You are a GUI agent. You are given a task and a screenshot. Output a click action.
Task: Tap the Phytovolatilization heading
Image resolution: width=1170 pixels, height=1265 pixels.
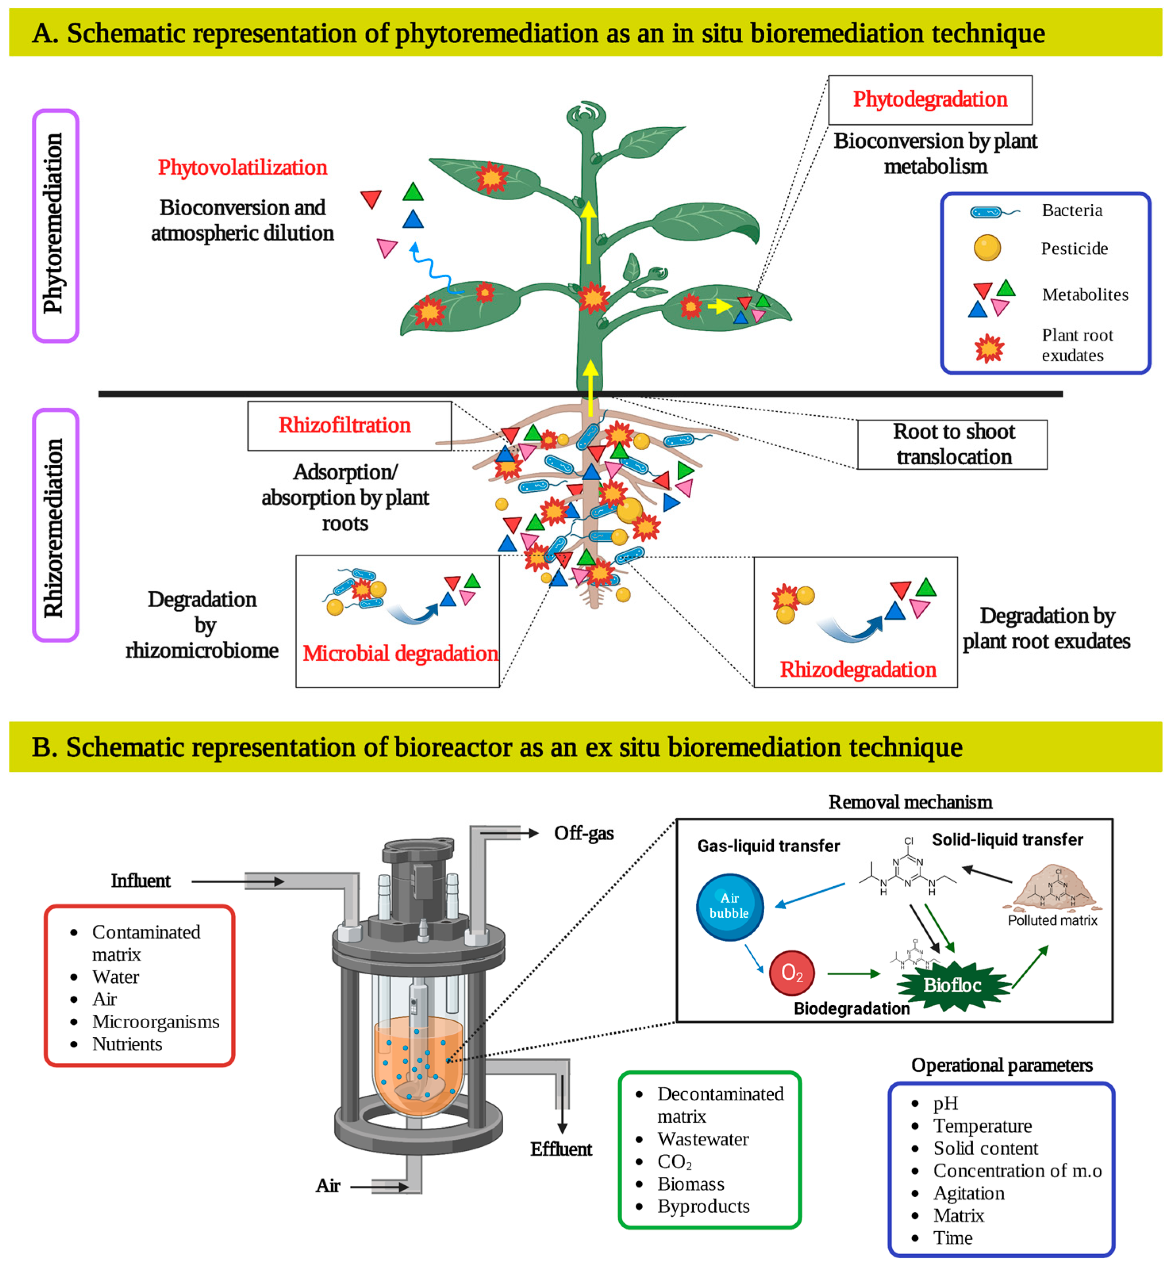coord(242,168)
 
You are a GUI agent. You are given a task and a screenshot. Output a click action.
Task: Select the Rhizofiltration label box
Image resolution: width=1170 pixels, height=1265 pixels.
coord(349,425)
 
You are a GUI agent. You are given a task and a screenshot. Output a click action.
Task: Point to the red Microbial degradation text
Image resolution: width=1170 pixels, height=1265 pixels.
coord(400,654)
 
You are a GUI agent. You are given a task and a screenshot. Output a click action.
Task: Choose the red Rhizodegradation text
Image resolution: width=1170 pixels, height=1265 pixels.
coord(858,669)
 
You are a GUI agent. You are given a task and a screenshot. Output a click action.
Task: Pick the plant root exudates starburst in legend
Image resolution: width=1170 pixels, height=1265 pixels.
coord(989,348)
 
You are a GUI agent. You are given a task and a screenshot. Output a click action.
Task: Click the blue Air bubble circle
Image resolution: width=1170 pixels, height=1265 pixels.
coord(729,907)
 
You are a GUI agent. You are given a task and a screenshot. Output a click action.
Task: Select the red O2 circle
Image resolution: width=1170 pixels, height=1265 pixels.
coord(791,972)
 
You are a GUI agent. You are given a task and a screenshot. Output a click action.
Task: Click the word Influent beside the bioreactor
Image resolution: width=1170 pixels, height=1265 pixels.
coord(140,881)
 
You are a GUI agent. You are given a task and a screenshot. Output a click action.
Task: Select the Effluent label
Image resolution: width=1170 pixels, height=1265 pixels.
coord(561,1149)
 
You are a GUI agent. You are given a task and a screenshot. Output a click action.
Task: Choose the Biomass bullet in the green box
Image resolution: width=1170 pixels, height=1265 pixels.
coord(691,1184)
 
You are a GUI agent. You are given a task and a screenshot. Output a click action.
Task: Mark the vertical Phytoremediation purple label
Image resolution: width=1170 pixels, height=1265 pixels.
coord(56,225)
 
